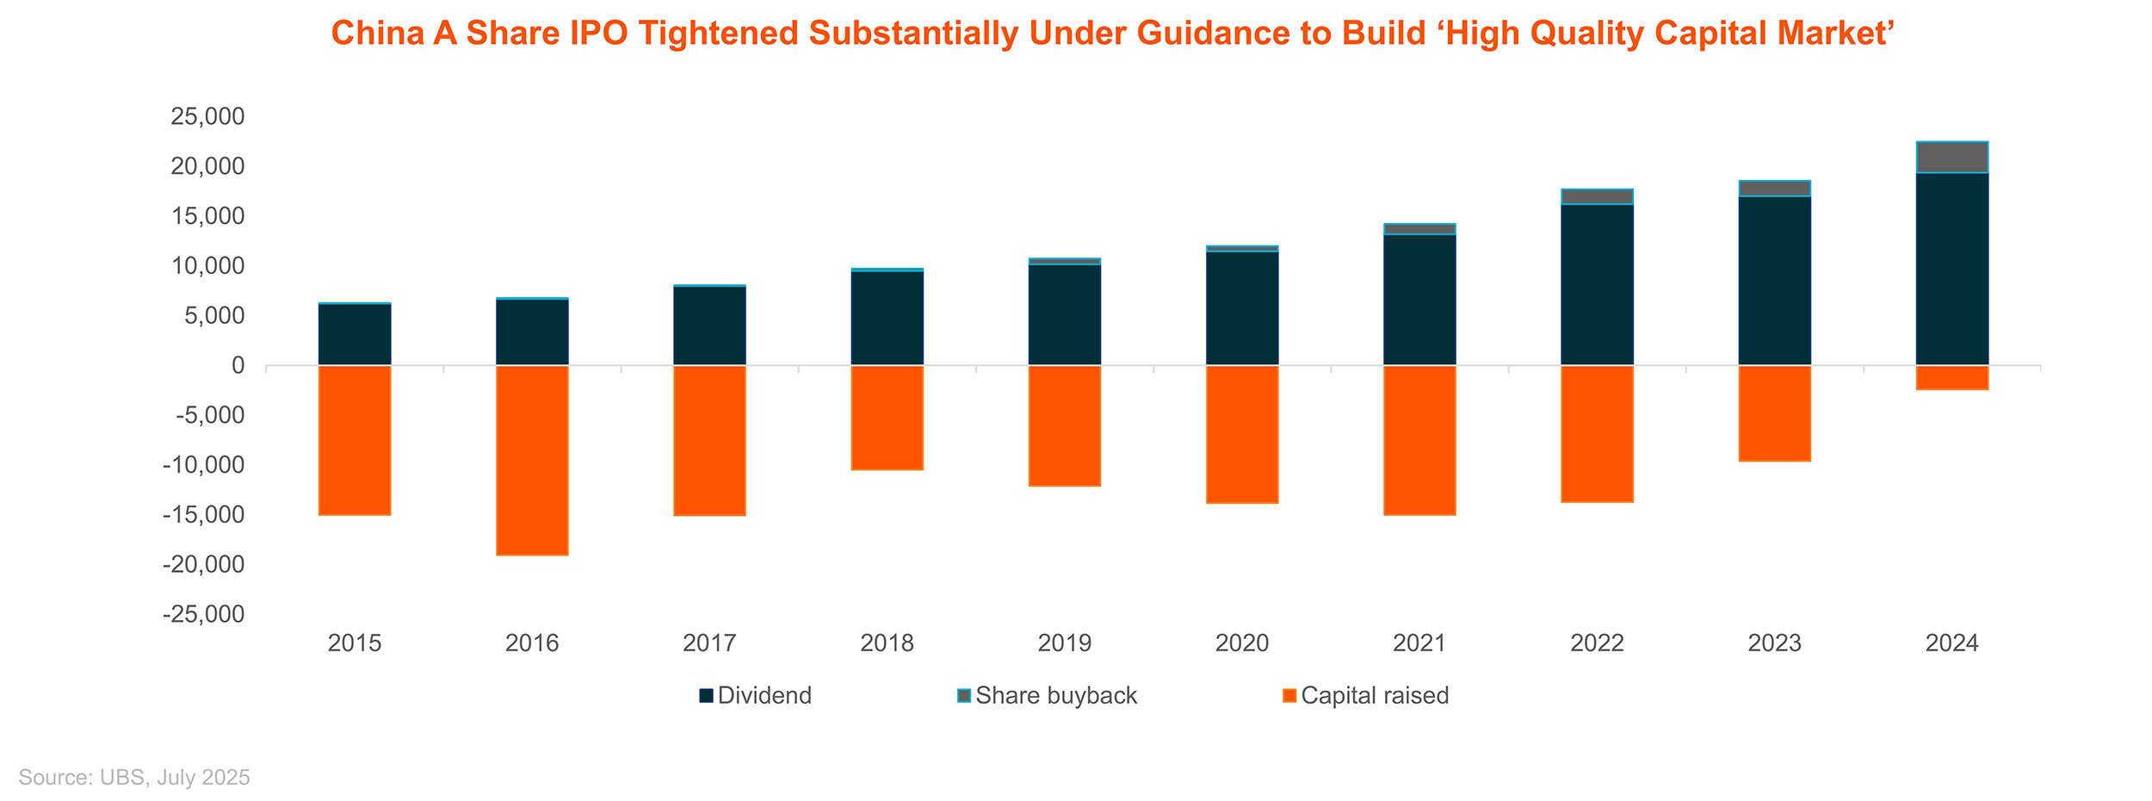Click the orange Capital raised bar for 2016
pos(532,461)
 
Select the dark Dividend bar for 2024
pos(1952,269)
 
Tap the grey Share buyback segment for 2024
pos(1952,157)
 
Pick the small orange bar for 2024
pos(1952,378)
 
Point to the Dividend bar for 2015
pos(355,335)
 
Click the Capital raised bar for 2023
pos(1775,413)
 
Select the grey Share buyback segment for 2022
pos(1598,196)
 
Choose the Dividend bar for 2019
pos(1065,315)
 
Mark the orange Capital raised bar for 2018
pos(887,418)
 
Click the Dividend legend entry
pos(755,696)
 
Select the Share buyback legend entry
pos(1047,696)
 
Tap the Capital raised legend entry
pos(1365,696)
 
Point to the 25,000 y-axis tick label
pos(207,116)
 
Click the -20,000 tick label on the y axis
pos(203,565)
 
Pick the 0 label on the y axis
pos(238,366)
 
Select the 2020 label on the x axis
pos(1242,643)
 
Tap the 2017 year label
pos(709,643)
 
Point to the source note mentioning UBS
pos(134,778)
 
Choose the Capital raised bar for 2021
pos(1419,440)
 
